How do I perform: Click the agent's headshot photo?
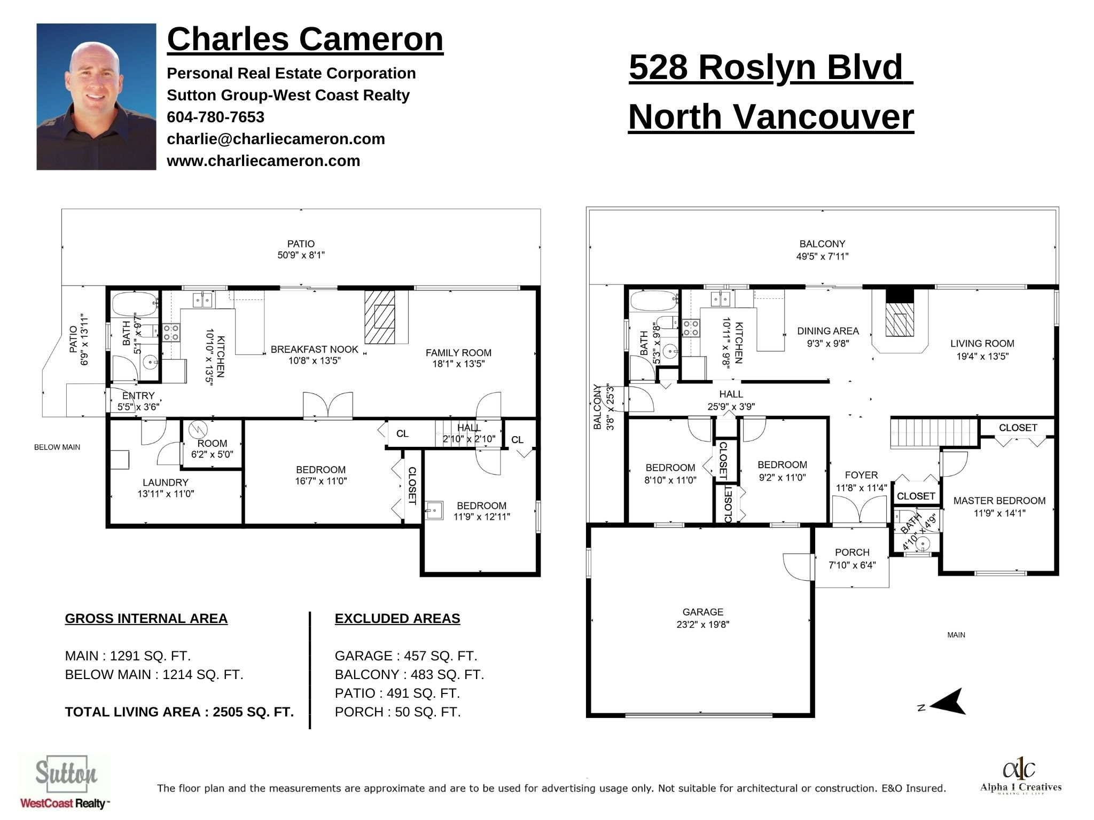coord(96,97)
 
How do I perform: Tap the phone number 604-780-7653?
coord(215,117)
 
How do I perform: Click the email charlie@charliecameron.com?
coord(276,139)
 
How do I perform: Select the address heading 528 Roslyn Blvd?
coord(770,68)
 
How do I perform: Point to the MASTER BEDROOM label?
coord(999,501)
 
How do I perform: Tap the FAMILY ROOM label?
coord(458,353)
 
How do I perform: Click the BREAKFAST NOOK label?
coord(314,350)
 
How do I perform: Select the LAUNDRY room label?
coord(165,483)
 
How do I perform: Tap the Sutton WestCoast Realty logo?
coord(65,782)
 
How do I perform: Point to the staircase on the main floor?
coord(933,433)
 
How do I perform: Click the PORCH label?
coord(852,553)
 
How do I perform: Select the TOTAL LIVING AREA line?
coord(179,712)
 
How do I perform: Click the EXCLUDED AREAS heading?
coord(397,619)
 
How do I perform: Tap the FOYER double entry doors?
coord(860,509)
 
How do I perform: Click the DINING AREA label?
coord(827,332)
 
